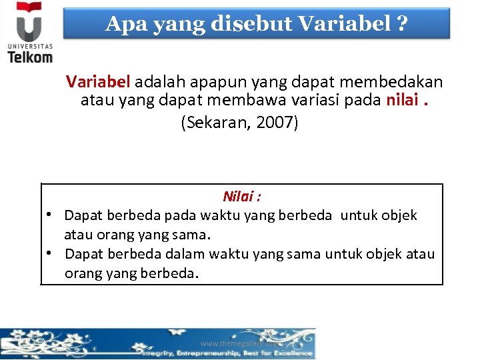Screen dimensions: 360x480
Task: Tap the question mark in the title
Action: click(401, 24)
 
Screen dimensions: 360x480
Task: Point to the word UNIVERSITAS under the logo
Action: click(29, 47)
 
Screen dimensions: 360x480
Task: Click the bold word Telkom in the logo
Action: click(30, 57)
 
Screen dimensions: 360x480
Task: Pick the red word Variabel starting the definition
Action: click(99, 82)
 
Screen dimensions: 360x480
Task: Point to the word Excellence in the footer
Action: click(291, 353)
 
